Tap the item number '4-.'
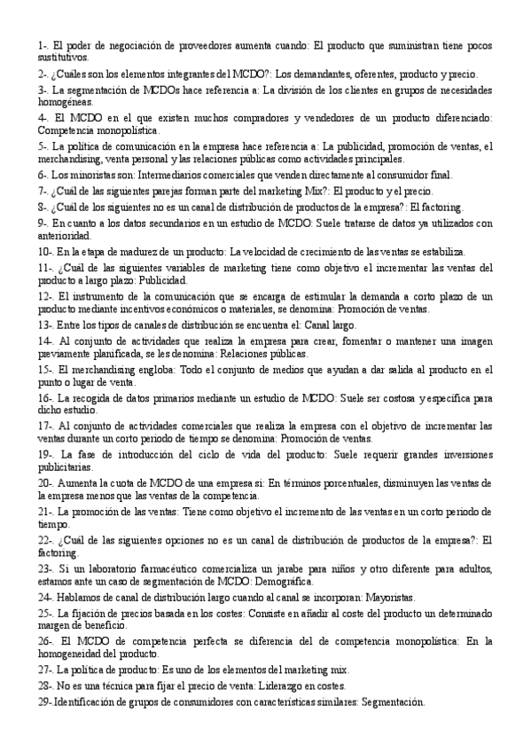(45, 117)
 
